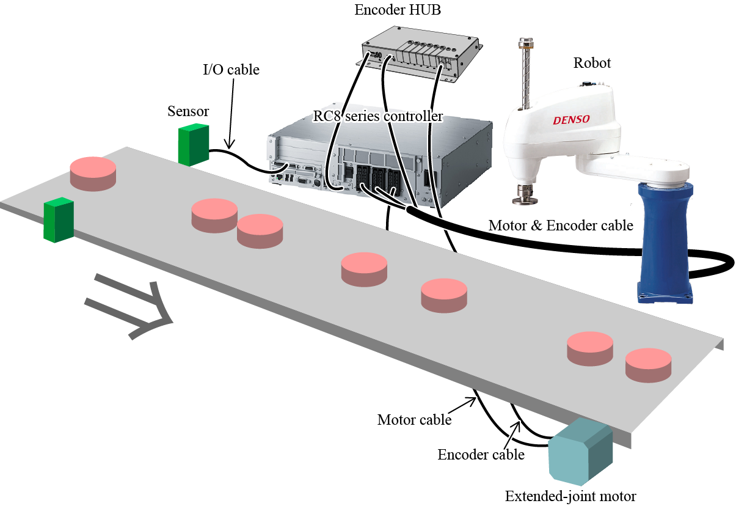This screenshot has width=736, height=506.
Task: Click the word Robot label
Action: click(592, 63)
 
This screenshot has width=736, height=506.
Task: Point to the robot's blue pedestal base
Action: click(666, 244)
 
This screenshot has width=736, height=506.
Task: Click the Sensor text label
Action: click(188, 111)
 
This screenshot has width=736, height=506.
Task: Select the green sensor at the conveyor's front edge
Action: click(59, 220)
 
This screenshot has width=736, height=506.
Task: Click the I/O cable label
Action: click(231, 70)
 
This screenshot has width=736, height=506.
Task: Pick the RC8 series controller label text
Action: click(378, 116)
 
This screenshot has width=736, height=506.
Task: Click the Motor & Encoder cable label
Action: click(561, 226)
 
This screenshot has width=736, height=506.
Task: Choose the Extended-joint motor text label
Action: click(570, 496)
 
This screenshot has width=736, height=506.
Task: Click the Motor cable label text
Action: click(414, 420)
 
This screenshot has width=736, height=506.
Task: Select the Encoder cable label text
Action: click(481, 455)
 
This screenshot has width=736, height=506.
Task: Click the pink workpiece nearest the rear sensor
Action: click(93, 172)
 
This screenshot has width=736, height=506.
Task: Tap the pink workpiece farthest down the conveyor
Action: click(648, 365)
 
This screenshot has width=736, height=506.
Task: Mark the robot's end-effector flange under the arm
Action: click(523, 194)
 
